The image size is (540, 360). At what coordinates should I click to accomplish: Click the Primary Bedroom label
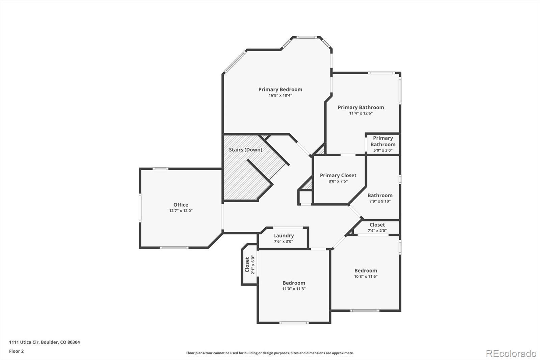point(280,89)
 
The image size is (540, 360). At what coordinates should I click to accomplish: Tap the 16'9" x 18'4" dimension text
point(280,96)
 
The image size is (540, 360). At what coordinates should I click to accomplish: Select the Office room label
point(181,205)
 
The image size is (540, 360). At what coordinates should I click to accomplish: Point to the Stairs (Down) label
point(245,150)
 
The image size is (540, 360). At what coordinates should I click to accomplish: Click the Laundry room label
point(283,235)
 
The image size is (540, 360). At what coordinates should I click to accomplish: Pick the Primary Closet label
point(338,175)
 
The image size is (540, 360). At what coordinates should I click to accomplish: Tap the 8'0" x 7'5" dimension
point(338,181)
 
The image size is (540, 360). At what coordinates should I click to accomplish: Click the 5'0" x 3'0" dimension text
point(383,150)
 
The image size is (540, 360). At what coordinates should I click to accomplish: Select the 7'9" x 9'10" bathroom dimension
point(380,201)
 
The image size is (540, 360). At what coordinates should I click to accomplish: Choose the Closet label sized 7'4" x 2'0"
point(377,225)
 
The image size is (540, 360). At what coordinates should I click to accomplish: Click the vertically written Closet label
point(247,264)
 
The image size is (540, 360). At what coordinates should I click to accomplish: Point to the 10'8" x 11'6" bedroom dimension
point(366,277)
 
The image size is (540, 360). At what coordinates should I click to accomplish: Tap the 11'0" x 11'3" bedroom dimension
point(294,289)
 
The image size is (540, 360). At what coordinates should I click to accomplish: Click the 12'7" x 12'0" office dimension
point(181,211)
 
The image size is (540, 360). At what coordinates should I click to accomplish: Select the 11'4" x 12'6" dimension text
point(361,113)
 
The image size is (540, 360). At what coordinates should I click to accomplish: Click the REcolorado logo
point(511,354)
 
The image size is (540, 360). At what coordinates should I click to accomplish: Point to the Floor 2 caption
point(16,351)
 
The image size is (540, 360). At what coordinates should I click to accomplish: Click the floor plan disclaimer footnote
point(270,353)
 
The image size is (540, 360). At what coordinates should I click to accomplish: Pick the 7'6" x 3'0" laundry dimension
point(283,241)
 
